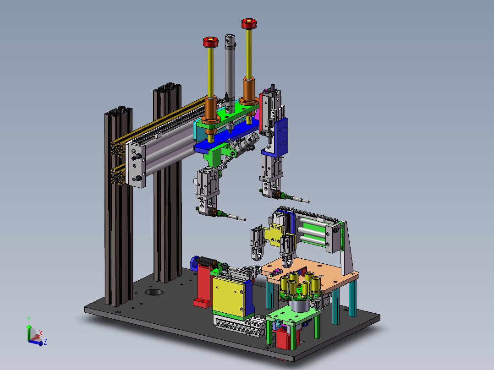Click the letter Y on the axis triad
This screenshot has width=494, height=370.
(29, 320)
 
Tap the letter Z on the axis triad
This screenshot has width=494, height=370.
(45, 342)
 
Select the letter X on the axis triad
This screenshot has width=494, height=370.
(41, 333)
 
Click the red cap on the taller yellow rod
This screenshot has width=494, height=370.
(249, 24)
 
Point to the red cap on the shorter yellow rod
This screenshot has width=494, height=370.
(211, 42)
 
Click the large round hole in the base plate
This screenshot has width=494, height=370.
(154, 292)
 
